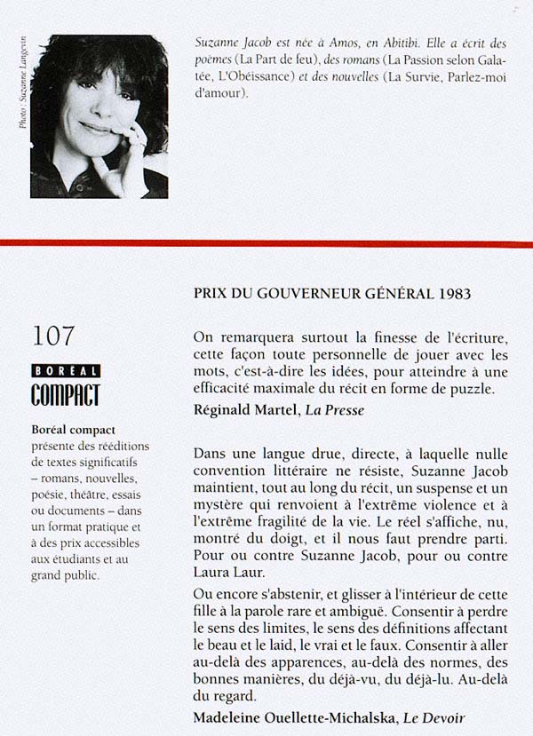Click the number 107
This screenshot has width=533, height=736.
[53, 336]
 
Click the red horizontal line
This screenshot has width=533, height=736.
[266, 242]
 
